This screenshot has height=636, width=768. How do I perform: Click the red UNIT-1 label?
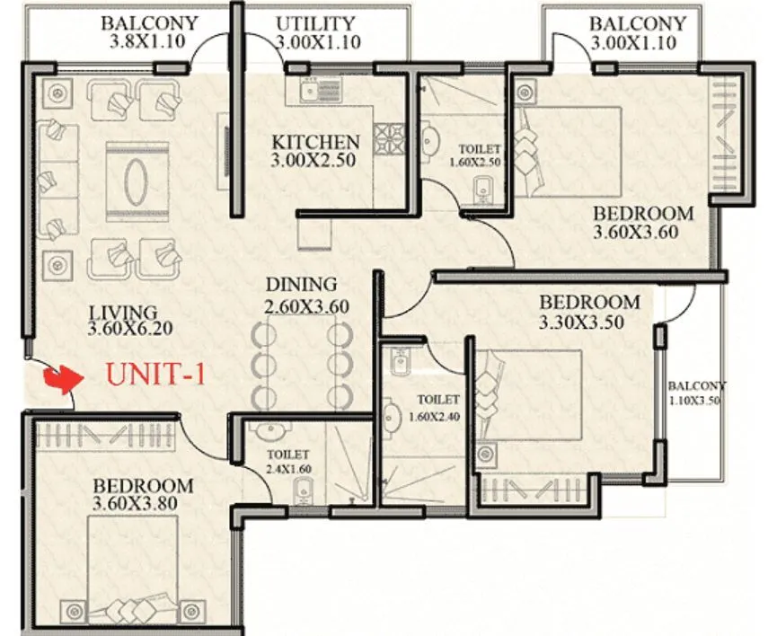(155, 373)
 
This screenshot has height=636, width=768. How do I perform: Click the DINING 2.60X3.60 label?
(306, 296)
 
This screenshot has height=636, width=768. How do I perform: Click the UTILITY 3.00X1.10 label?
(317, 32)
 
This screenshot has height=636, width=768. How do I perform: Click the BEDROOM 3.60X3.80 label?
(143, 495)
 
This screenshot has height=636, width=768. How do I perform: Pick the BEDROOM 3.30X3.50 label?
(589, 311)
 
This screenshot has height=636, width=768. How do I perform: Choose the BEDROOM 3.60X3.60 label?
(643, 223)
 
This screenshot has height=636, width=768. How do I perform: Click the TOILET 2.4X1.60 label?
(287, 462)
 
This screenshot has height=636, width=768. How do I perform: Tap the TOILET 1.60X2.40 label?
(437, 408)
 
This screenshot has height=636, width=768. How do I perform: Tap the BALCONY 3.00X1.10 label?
(638, 32)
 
